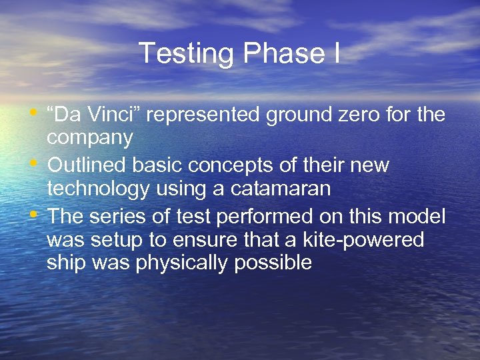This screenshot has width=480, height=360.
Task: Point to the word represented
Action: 203,115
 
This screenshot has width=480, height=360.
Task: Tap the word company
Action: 89,139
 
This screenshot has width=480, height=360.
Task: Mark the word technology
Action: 98,190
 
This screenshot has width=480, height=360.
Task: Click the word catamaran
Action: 280,189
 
